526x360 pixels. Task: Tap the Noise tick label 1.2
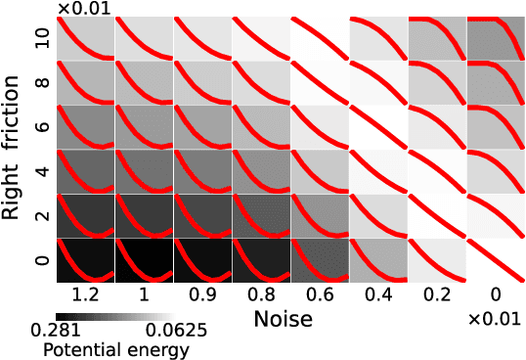click(x=85, y=294)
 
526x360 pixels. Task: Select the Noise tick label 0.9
click(x=202, y=294)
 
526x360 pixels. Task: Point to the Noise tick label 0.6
click(x=320, y=294)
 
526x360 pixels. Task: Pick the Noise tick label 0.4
click(x=378, y=294)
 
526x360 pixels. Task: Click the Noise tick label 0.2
click(x=437, y=294)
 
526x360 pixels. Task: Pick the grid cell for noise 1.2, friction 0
click(x=85, y=260)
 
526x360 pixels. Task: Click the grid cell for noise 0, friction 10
click(x=496, y=38)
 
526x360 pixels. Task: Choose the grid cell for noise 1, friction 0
click(x=144, y=260)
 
